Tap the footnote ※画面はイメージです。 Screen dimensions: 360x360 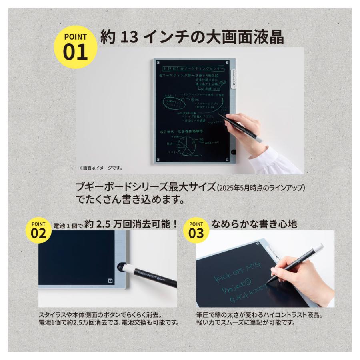[101, 168]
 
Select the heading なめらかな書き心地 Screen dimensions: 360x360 [254, 224]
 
